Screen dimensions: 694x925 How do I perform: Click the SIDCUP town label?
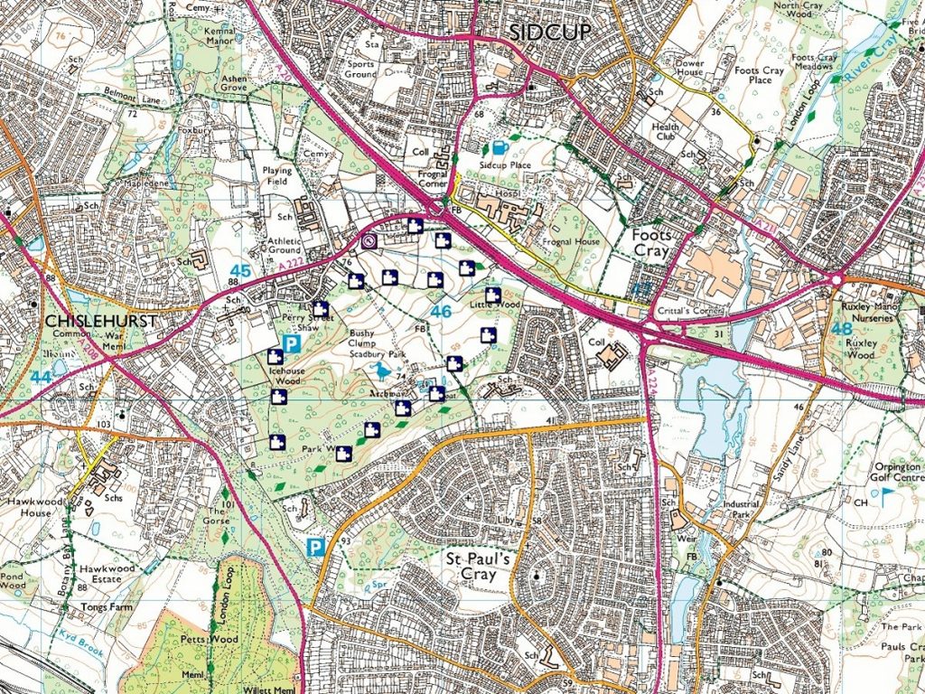click(549, 33)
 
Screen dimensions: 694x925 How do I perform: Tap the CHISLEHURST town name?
click(101, 321)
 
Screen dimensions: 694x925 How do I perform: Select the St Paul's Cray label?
click(481, 566)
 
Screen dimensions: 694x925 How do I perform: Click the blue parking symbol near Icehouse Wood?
click(291, 343)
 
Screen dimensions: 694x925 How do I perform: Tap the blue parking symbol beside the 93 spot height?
click(315, 547)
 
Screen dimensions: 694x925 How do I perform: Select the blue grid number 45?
click(240, 270)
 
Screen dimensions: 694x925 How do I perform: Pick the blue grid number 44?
click(40, 376)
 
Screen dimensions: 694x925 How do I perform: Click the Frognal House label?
click(572, 242)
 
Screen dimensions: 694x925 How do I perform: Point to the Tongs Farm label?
click(107, 607)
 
